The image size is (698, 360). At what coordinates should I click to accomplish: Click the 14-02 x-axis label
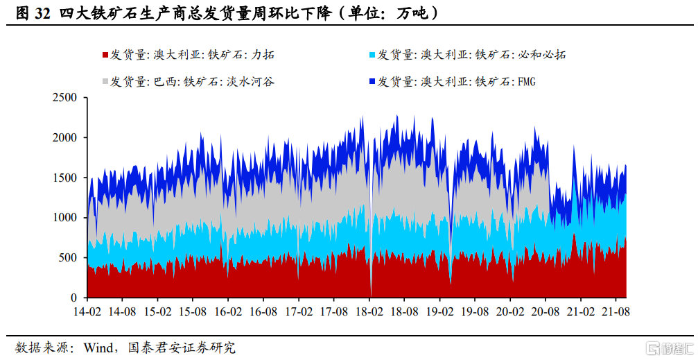click(x=87, y=311)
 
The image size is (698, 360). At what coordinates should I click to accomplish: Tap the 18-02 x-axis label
click(x=369, y=311)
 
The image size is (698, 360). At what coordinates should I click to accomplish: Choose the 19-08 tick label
click(x=475, y=311)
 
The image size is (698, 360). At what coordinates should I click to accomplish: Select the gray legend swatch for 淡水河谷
click(x=105, y=82)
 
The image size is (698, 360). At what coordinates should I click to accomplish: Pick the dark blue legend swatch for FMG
click(x=374, y=82)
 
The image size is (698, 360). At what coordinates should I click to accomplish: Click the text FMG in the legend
click(x=526, y=82)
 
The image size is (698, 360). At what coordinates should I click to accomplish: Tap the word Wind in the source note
click(x=97, y=346)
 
